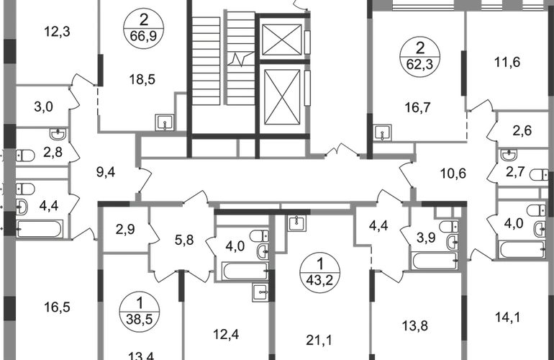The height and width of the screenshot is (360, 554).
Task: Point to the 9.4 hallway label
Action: coord(105,172)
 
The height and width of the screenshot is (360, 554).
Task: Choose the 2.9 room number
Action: coord(126,231)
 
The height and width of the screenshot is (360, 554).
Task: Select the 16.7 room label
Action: coord(409,108)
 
